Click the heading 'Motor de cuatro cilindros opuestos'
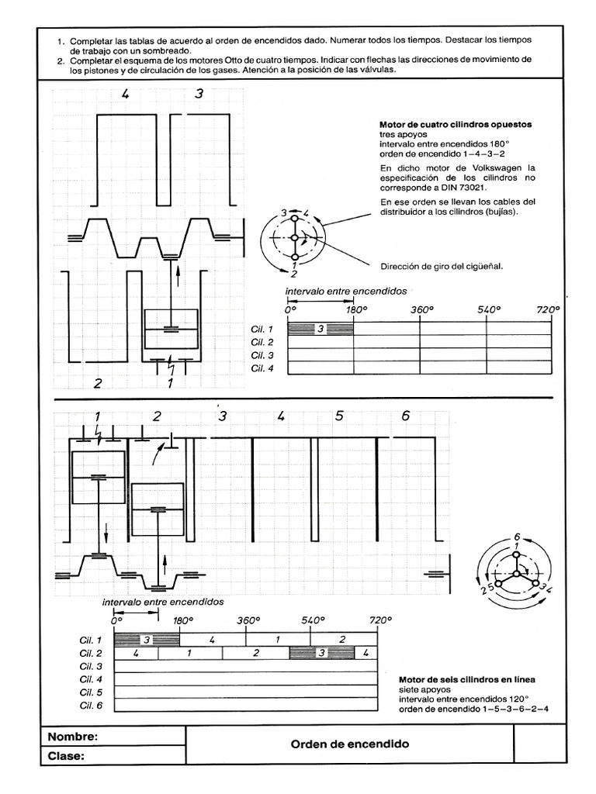click(x=455, y=125)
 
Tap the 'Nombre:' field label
click(x=73, y=736)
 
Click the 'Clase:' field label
click(x=67, y=756)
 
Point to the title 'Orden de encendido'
click(x=349, y=744)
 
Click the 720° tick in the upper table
click(x=547, y=309)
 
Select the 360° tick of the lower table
click(x=247, y=621)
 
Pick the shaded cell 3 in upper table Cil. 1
click(x=321, y=330)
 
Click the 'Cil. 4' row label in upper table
click(x=262, y=368)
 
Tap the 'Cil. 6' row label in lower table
click(x=91, y=706)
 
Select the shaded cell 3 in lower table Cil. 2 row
click(x=321, y=654)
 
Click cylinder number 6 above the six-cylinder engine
click(x=405, y=416)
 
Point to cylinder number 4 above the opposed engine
click(x=125, y=94)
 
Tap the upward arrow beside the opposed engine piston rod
click(x=177, y=273)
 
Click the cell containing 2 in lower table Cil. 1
click(x=341, y=640)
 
